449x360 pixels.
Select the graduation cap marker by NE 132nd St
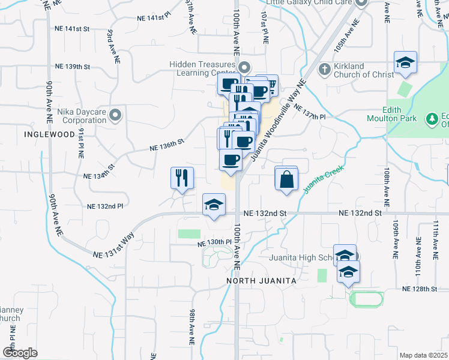point(214,205)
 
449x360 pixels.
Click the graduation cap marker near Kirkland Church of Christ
point(406,62)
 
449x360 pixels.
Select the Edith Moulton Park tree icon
point(431,119)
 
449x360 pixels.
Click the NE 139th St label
point(72,67)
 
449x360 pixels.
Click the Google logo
point(20,352)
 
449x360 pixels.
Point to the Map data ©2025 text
point(423,355)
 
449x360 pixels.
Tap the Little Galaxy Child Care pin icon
point(361,2)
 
